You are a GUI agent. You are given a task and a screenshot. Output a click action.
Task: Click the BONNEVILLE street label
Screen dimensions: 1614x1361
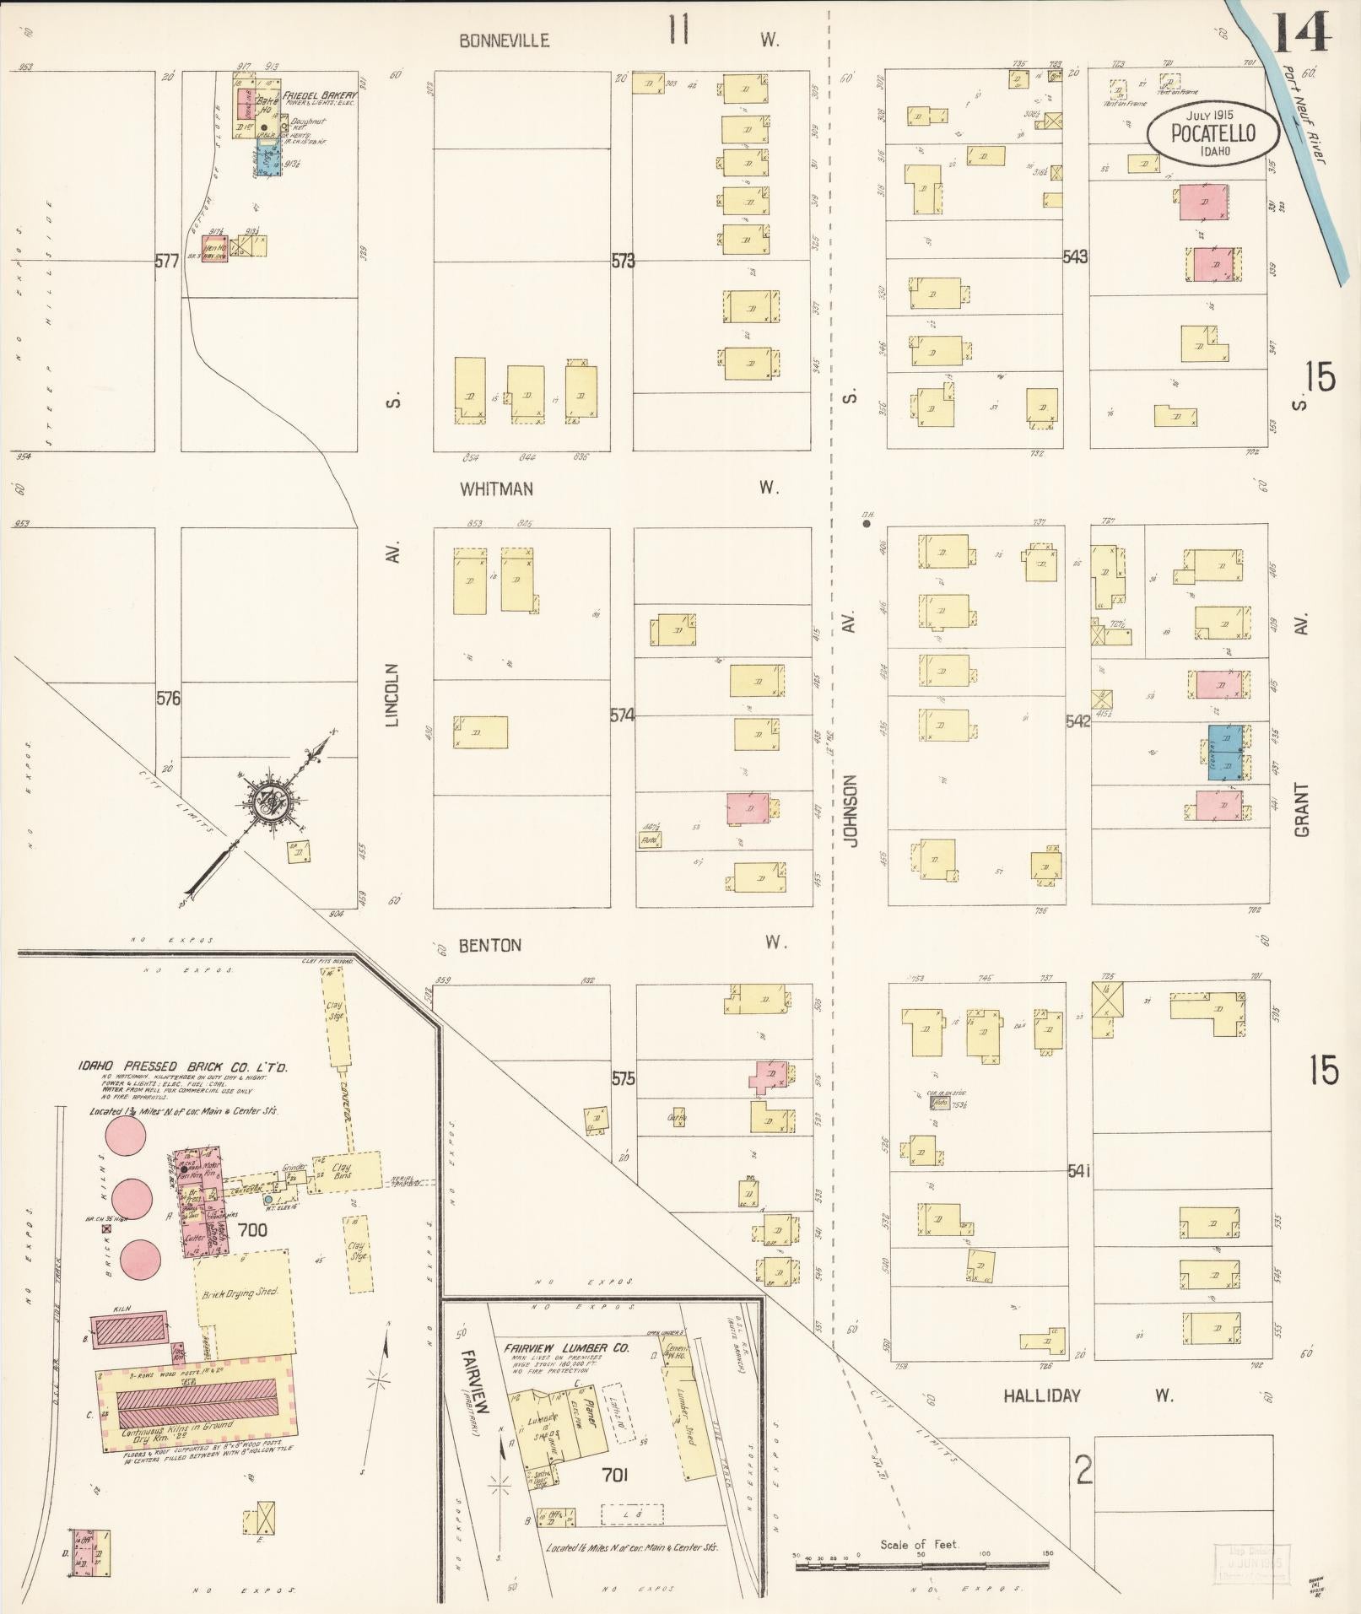pos(504,40)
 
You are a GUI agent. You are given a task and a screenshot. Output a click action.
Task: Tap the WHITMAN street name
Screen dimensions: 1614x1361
pos(496,489)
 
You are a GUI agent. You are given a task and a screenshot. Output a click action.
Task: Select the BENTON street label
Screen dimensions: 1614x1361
pos(489,945)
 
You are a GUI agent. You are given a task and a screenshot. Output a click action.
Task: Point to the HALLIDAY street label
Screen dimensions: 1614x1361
pos(1041,1395)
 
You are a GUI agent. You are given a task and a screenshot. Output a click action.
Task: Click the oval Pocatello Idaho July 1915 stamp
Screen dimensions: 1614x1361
pos(1212,132)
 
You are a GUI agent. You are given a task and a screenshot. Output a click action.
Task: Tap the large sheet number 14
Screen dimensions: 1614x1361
pos(1301,34)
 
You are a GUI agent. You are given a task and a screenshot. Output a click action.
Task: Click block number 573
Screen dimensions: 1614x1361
pos(623,262)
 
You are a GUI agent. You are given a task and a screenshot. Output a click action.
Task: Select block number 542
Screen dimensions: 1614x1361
pos(1077,722)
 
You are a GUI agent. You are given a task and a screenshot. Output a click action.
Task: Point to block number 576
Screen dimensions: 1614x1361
pos(169,699)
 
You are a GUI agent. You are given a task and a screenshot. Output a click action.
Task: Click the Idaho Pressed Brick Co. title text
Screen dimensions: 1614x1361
pos(183,1067)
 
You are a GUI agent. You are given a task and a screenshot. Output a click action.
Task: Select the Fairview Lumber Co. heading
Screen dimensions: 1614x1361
pos(567,1348)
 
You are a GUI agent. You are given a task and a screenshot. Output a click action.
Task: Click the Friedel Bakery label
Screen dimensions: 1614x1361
pos(320,96)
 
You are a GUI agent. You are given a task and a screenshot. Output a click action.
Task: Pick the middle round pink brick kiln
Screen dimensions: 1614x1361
pos(133,1196)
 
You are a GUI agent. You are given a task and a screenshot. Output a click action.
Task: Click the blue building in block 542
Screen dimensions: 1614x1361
pos(1224,751)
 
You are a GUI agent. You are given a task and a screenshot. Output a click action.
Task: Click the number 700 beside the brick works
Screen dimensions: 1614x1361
pos(252,1230)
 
